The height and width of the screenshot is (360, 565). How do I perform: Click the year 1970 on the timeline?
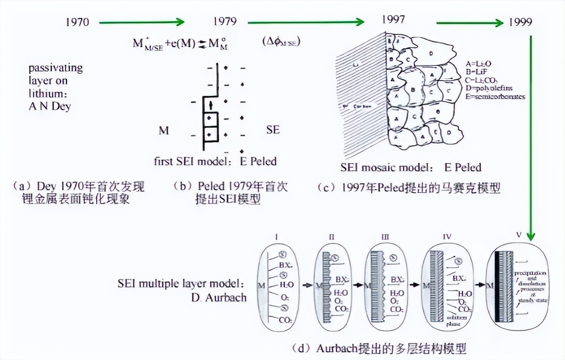point(77,22)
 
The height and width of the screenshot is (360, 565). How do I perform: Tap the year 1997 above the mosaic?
point(394,20)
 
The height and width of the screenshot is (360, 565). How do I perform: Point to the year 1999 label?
point(520,22)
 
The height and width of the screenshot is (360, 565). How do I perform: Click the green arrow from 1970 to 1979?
point(142,22)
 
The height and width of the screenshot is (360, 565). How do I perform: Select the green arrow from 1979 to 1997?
point(306,22)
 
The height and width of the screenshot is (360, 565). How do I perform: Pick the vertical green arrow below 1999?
point(531,132)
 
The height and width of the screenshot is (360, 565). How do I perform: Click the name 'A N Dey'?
point(49,106)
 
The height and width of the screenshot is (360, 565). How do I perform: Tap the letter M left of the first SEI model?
point(163,131)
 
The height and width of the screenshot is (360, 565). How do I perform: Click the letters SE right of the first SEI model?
point(273,129)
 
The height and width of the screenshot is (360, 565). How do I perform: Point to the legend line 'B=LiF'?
point(477,71)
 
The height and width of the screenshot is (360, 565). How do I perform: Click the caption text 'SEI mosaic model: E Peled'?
point(411,167)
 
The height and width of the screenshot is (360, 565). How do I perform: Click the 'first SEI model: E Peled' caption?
point(215,161)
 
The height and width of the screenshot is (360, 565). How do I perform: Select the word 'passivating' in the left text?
point(56,68)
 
